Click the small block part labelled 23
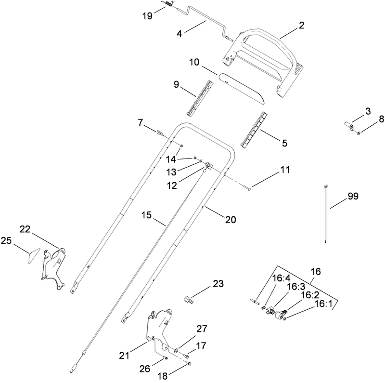click(189, 299)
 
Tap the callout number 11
click(286, 170)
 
